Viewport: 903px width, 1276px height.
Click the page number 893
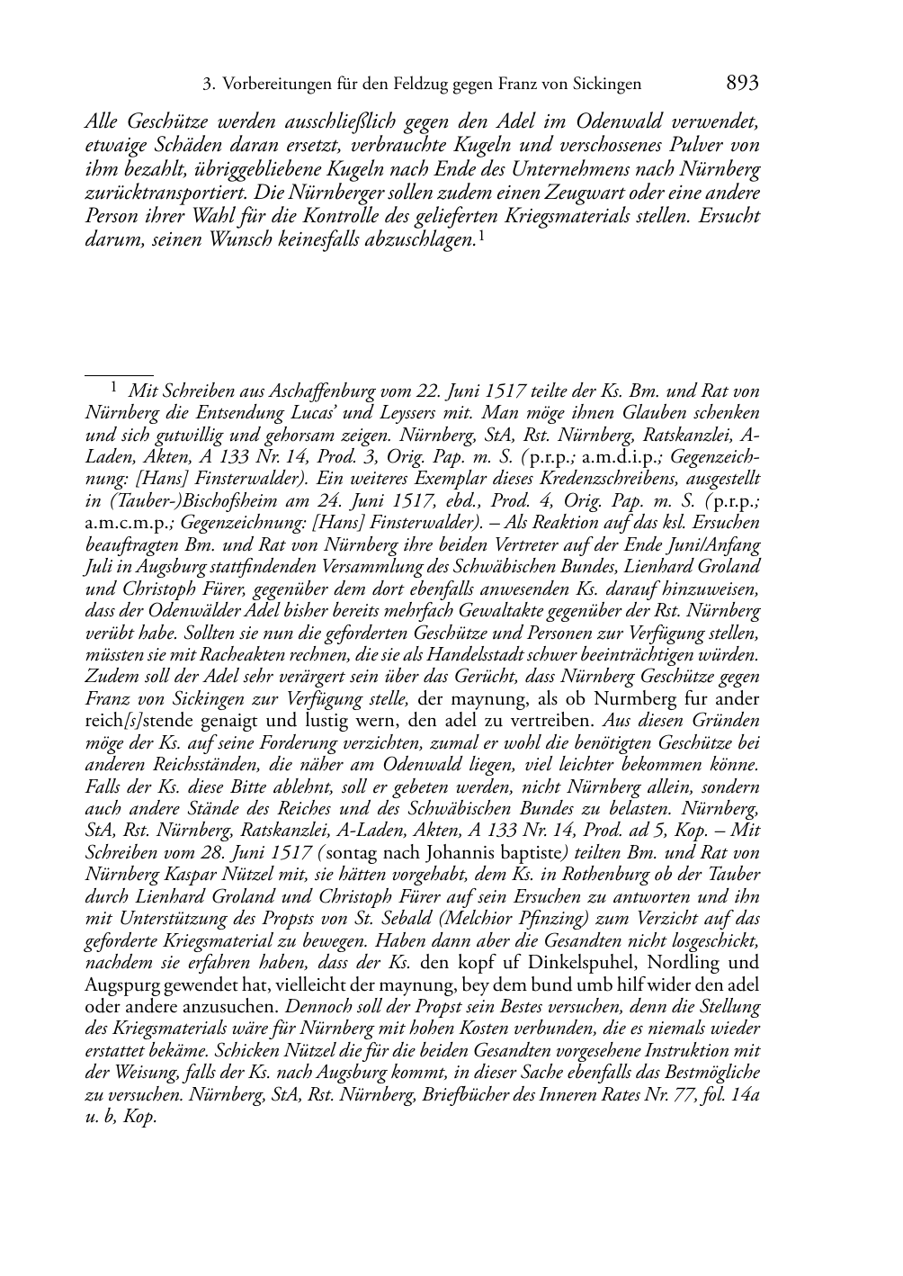[x=742, y=84]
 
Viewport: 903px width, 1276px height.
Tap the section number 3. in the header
[x=209, y=85]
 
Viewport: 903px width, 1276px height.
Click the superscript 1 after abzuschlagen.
[x=483, y=236]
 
